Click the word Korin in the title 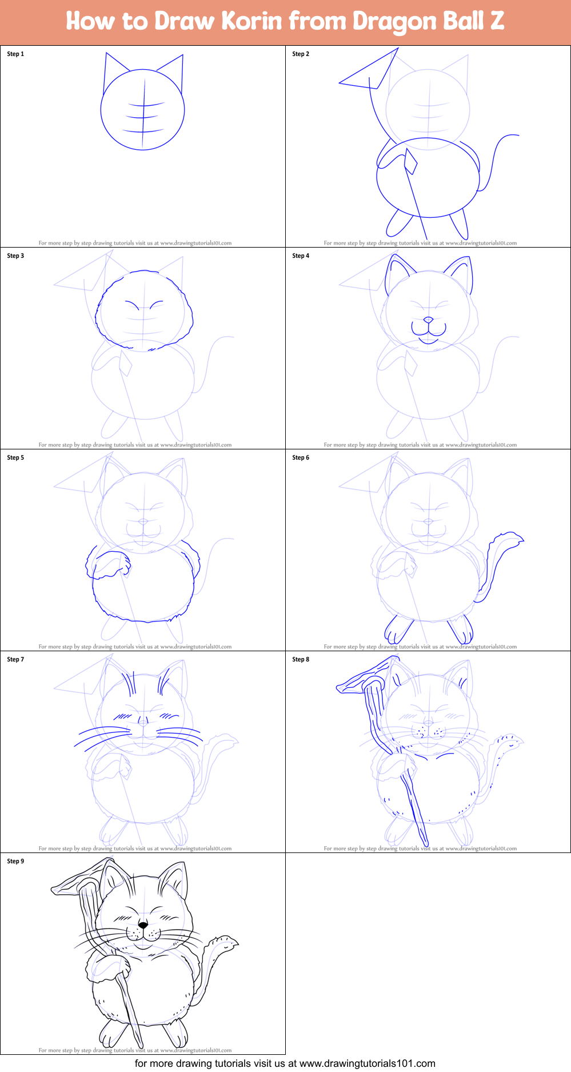click(x=251, y=21)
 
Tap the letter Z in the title click(x=497, y=21)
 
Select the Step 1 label click(x=15, y=54)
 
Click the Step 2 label click(x=301, y=54)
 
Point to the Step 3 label click(x=15, y=256)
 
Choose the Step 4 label click(x=301, y=256)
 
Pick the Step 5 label click(x=15, y=457)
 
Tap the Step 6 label click(x=301, y=457)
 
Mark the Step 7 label click(x=15, y=659)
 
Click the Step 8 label click(x=301, y=659)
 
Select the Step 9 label click(x=15, y=861)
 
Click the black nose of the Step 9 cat click(x=143, y=924)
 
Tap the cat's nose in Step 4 click(x=428, y=320)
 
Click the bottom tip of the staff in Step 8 click(x=426, y=844)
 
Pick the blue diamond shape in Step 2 click(x=410, y=161)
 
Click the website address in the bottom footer click(x=368, y=1063)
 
